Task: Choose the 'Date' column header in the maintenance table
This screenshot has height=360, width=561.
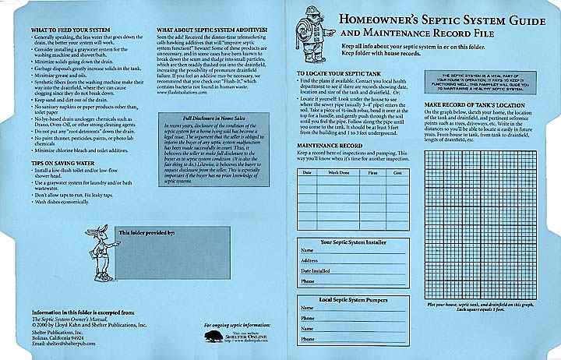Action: click(x=307, y=171)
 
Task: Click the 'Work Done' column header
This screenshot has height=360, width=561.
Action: click(x=338, y=171)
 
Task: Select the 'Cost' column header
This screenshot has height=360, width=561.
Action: click(x=397, y=171)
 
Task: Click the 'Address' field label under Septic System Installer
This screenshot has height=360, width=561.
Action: click(x=309, y=260)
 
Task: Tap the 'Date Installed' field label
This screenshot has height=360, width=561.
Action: click(x=316, y=270)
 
